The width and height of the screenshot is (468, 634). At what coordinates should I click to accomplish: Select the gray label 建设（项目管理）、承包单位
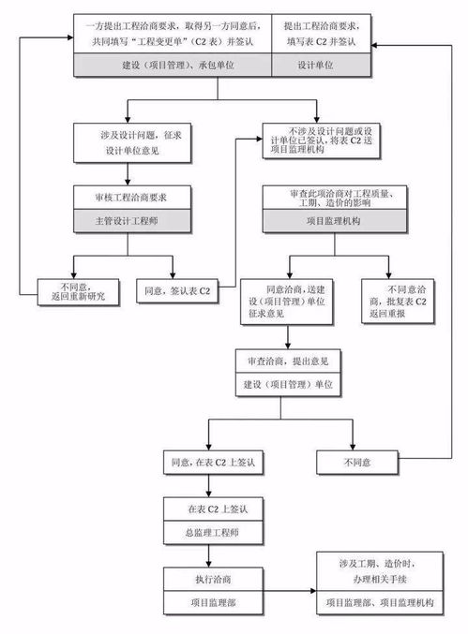click(x=173, y=64)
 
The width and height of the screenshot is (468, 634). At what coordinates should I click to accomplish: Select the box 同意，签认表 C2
click(x=178, y=290)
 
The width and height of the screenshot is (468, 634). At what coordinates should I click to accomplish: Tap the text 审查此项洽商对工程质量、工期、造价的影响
click(x=338, y=198)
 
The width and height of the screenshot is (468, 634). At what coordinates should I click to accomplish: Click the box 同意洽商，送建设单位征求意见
click(x=287, y=301)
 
